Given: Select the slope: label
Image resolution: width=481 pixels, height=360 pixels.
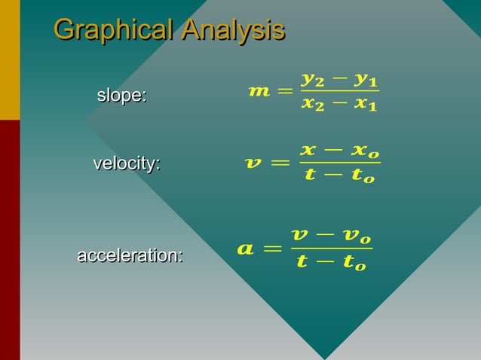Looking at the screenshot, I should (121, 96).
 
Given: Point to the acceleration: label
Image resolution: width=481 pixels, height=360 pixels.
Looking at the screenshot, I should (130, 256).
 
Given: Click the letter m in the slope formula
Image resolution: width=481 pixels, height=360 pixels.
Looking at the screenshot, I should (259, 92).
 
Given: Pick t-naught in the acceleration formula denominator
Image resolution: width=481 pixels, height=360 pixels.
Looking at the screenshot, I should (352, 263).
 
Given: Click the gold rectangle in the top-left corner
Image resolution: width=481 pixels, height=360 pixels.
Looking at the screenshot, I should (10, 59).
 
